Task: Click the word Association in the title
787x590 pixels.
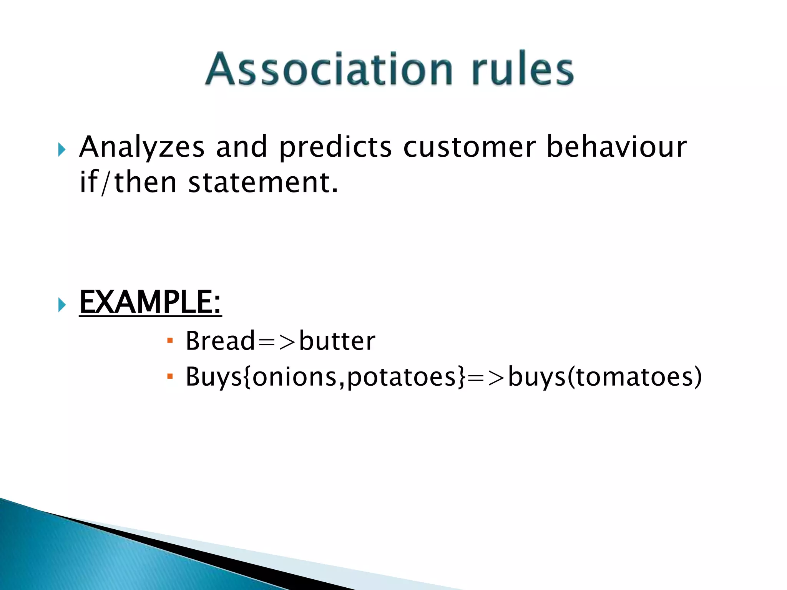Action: (329, 69)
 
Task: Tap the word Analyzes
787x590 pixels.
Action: (142, 147)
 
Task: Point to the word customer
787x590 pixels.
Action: (469, 147)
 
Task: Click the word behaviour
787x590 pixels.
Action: (616, 147)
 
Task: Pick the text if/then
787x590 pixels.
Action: (128, 182)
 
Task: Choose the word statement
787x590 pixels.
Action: (263, 182)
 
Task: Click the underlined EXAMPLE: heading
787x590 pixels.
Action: (150, 302)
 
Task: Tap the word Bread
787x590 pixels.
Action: (220, 341)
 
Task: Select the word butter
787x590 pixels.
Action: (337, 341)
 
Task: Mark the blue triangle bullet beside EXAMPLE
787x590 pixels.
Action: (62, 305)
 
